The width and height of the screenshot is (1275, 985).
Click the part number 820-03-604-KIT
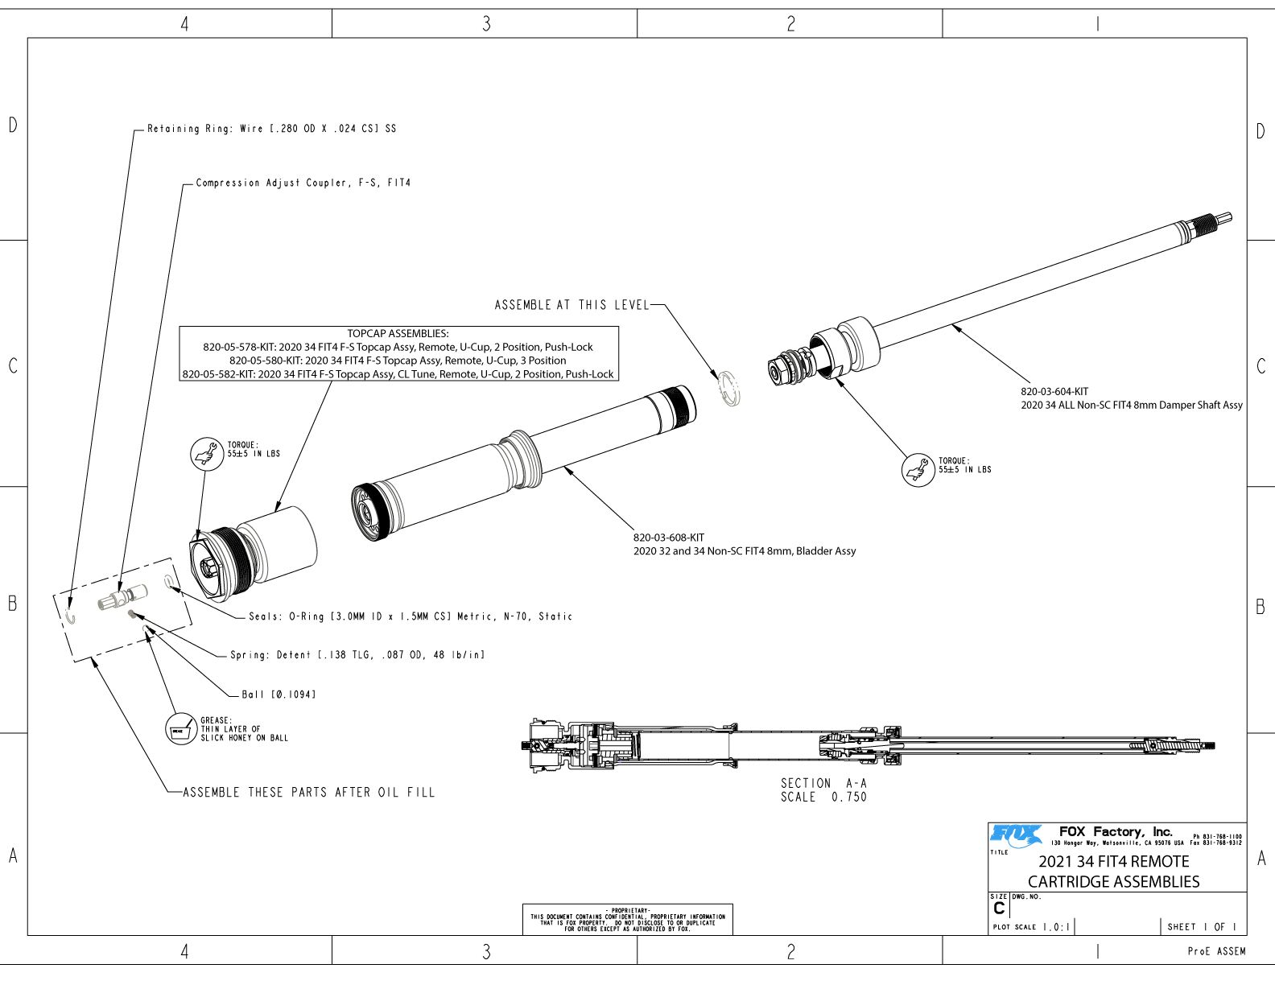pos(1054,392)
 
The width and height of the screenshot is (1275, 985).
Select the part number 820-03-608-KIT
pos(669,538)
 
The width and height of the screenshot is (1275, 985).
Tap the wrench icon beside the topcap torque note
pos(206,454)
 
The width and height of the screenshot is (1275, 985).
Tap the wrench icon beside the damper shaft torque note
pos(918,470)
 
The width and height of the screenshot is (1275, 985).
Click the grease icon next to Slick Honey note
pos(180,730)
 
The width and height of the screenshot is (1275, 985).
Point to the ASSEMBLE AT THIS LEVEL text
pos(571,305)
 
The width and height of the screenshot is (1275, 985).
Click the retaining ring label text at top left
pos(271,129)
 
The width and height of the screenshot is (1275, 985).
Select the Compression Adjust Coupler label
pos(303,183)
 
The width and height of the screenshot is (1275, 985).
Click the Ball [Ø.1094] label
pos(279,694)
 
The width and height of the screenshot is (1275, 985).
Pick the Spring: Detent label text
pos(357,655)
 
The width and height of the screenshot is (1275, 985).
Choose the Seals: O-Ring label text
pos(411,616)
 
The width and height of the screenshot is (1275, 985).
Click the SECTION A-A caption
pos(823,783)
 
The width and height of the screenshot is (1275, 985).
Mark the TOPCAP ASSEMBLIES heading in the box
pos(398,333)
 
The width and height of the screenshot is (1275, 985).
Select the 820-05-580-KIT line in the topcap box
pos(398,361)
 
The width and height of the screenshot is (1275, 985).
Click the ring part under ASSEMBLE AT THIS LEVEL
pos(729,389)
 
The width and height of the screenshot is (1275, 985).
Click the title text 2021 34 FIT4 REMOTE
pos(1113,862)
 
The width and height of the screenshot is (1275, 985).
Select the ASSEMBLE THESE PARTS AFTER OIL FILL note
pos(309,793)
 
